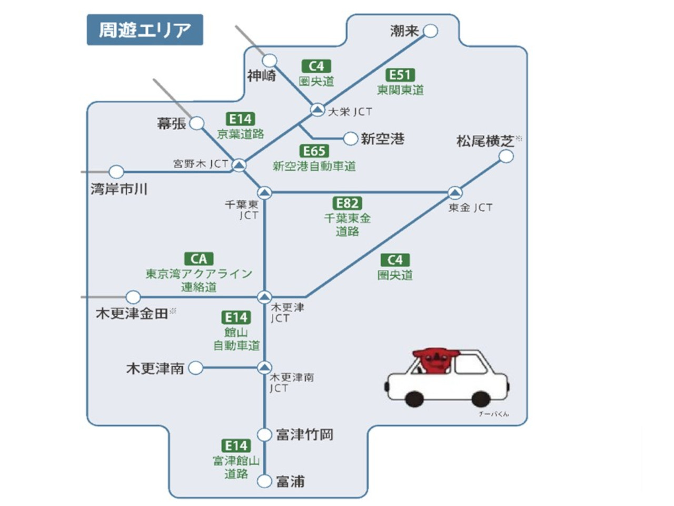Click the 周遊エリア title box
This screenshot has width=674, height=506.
click(x=145, y=30)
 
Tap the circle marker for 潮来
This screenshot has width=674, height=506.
click(x=431, y=31)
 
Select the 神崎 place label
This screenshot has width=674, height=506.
click(x=262, y=76)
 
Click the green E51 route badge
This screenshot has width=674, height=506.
click(x=400, y=75)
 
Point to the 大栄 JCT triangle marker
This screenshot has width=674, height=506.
click(x=318, y=110)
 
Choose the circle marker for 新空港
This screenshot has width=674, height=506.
click(x=351, y=139)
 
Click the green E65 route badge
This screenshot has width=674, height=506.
click(x=314, y=151)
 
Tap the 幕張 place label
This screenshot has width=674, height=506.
click(x=172, y=124)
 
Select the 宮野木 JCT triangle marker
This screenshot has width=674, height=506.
click(x=239, y=166)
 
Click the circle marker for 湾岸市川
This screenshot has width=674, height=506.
click(x=116, y=172)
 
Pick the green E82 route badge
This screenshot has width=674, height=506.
click(x=348, y=203)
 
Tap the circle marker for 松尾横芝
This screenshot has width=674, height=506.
click(x=506, y=157)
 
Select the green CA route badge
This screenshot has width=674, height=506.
click(x=199, y=259)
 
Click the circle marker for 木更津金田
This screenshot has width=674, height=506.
click(x=134, y=297)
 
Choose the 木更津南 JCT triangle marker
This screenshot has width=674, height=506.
click(x=264, y=367)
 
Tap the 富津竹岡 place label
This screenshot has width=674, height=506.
click(x=304, y=435)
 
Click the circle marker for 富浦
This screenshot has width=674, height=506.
click(x=264, y=481)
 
